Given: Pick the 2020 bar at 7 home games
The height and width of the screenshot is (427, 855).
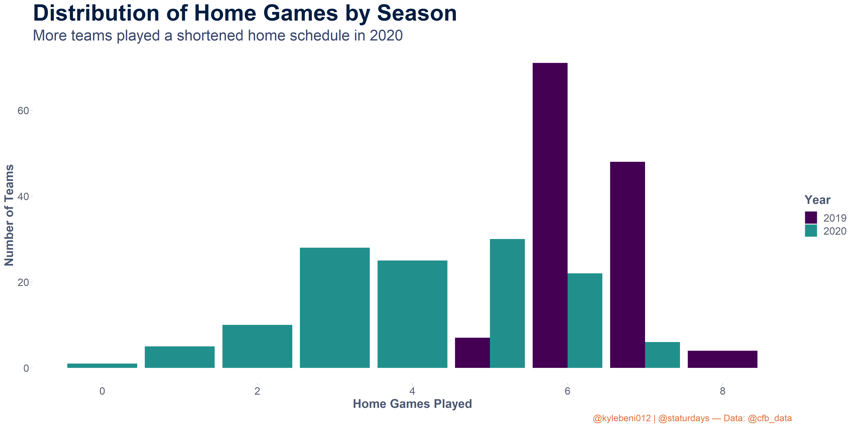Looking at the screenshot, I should point(662,355).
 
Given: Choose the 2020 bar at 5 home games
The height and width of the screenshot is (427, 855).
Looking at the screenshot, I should point(507,303).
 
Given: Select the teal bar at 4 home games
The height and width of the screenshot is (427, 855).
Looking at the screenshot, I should point(412,314).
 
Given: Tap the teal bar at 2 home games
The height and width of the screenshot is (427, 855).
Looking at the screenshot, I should point(257,346).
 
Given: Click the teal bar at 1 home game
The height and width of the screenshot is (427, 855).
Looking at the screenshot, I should point(180,357).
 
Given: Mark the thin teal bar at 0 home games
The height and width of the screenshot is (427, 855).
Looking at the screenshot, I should point(102,366).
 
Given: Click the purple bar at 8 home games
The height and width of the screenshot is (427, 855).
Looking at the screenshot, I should point(722,359).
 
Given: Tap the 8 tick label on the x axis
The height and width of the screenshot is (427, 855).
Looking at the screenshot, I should point(722,391).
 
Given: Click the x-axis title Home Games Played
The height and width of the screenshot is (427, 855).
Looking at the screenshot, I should point(412,404).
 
